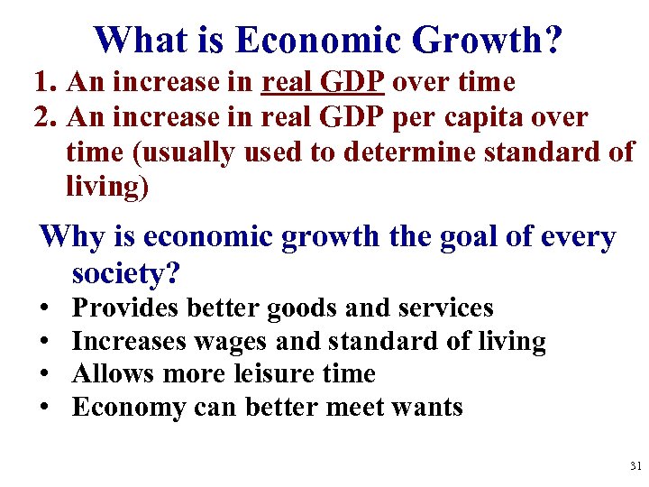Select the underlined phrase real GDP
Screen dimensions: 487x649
(x=324, y=82)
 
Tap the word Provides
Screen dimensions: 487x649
(x=126, y=308)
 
